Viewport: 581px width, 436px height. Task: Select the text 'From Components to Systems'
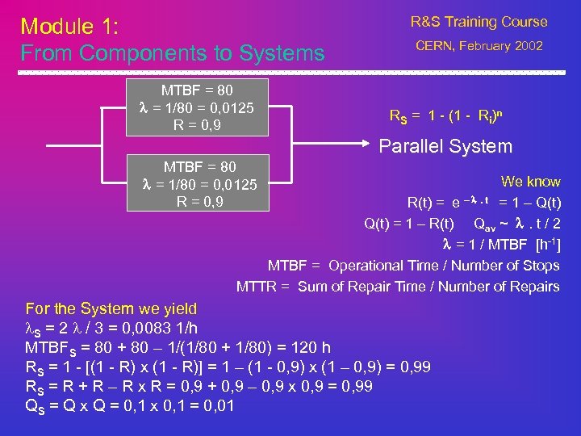pyautogui.click(x=172, y=54)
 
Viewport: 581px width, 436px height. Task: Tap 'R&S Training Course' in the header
pyautogui.click(x=479, y=22)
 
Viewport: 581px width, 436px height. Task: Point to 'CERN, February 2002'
pyautogui.click(x=479, y=46)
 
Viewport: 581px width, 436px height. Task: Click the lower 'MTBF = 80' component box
pyautogui.click(x=199, y=183)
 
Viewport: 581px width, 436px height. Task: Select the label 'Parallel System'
pyautogui.click(x=445, y=146)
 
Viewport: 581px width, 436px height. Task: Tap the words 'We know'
pyautogui.click(x=530, y=182)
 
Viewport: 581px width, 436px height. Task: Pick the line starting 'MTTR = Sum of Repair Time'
pyautogui.click(x=398, y=286)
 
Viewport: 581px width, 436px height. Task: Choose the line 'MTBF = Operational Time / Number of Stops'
pyautogui.click(x=413, y=265)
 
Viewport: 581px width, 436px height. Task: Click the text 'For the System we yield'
pyautogui.click(x=111, y=308)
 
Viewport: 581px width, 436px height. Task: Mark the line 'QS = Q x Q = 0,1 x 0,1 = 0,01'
pyautogui.click(x=130, y=405)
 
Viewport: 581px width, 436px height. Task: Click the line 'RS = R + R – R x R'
pyautogui.click(x=199, y=386)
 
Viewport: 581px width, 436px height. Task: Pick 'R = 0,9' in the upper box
pyautogui.click(x=199, y=125)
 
